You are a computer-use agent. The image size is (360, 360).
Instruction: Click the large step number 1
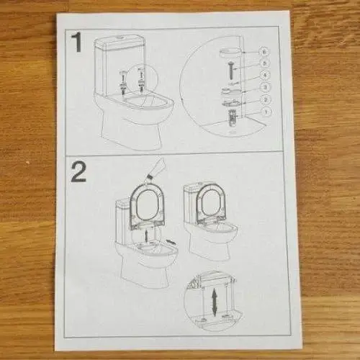[x=77, y=42]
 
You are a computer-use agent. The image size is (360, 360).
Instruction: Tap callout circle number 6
[x=265, y=52]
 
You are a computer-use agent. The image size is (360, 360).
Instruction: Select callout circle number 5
[x=265, y=63]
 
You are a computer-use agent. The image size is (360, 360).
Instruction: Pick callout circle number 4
[x=266, y=75]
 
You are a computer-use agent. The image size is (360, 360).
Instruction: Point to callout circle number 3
[x=266, y=87]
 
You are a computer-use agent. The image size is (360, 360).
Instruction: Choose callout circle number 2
[x=266, y=99]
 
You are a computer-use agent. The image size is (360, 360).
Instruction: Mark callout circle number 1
[x=266, y=112]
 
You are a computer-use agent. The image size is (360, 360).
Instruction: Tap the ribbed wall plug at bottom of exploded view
[x=233, y=117]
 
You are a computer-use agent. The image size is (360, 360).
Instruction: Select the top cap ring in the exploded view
[x=229, y=53]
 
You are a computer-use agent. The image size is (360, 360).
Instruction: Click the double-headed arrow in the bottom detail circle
[x=215, y=302]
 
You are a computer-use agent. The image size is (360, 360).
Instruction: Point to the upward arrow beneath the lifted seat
[x=146, y=235]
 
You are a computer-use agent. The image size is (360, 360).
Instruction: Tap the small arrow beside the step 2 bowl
[x=171, y=242]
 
